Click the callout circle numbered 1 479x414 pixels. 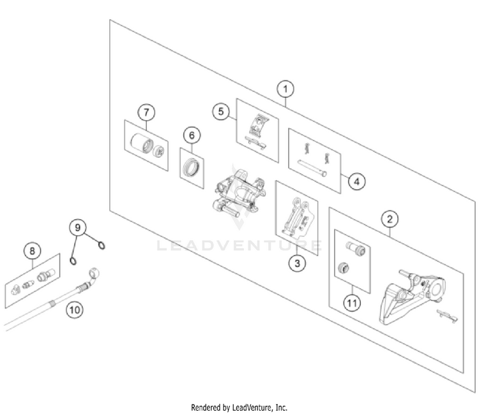(285, 89)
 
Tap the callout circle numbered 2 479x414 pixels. (390, 219)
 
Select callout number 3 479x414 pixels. (296, 262)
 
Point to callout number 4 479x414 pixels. (357, 181)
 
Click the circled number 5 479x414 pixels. (220, 112)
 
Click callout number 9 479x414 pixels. (77, 227)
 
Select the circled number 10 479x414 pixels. (75, 310)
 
